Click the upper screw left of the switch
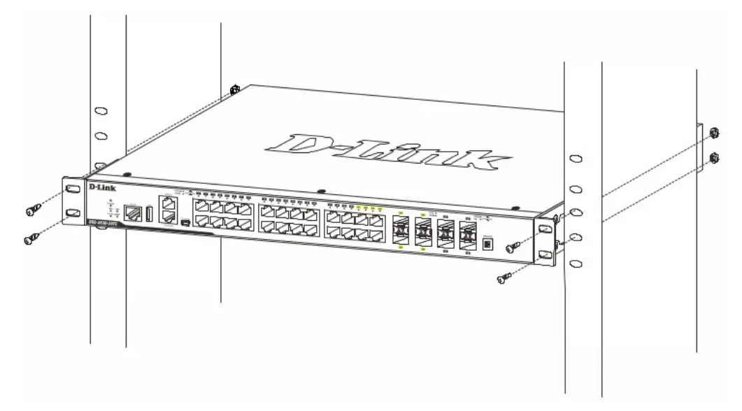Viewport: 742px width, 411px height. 31,209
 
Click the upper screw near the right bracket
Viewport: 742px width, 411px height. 515,245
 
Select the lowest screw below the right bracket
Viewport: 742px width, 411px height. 501,280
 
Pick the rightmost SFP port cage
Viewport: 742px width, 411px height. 467,236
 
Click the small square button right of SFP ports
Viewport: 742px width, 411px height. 487,245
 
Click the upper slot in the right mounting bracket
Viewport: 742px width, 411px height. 543,229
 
